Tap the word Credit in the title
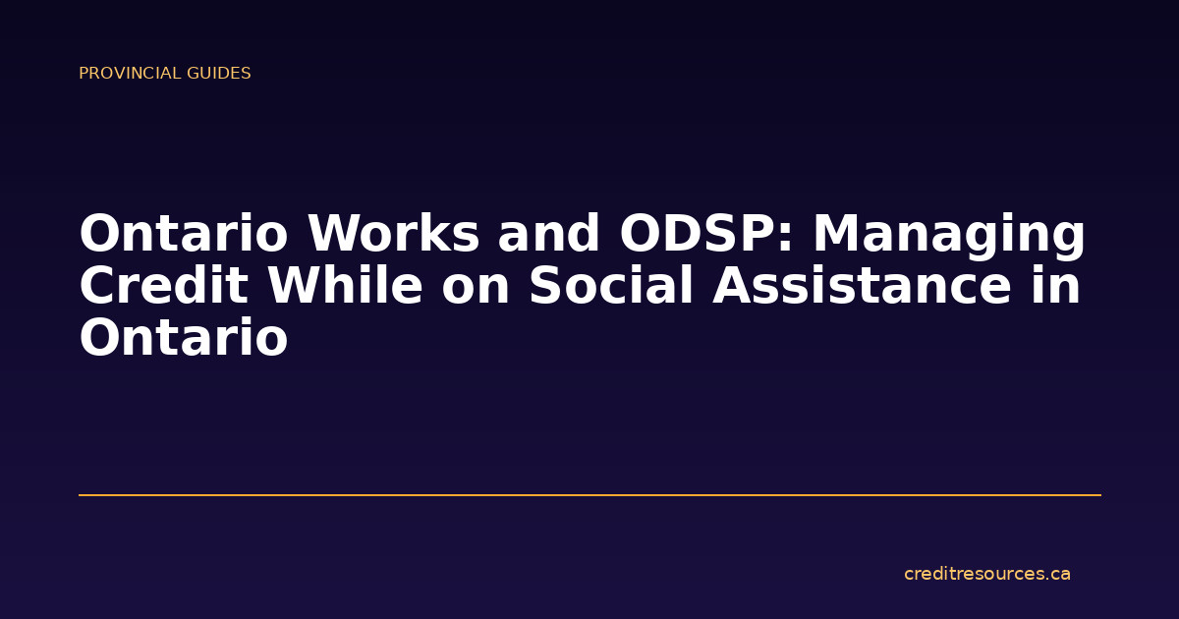[x=165, y=286]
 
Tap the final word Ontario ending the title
[x=184, y=338]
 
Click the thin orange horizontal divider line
[x=589, y=495]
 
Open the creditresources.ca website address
[x=986, y=574]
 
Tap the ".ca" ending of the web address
[x=1057, y=574]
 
